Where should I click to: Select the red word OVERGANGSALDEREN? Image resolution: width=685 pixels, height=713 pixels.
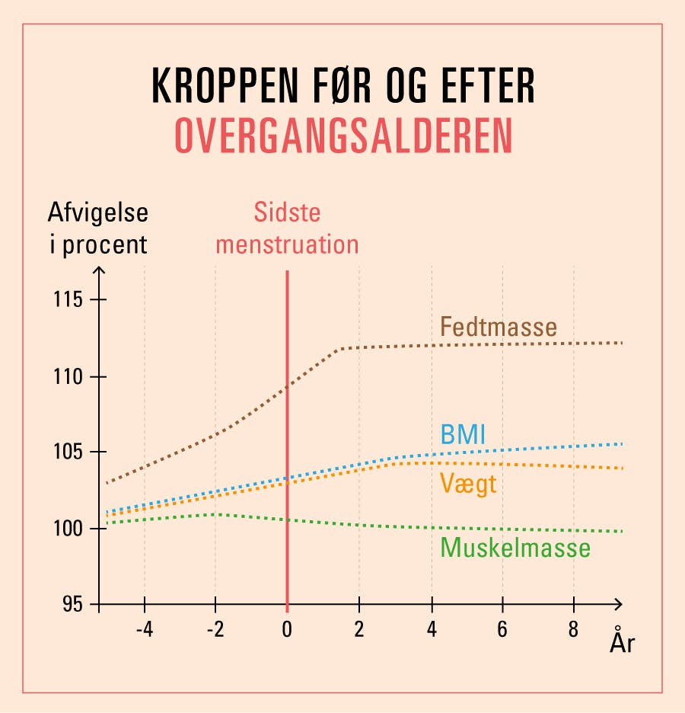coord(343,136)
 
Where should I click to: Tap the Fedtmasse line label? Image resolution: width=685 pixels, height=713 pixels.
coord(499,328)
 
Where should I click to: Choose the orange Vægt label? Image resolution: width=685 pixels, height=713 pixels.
coord(469,483)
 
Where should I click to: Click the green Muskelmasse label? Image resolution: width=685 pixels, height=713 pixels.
coord(515,547)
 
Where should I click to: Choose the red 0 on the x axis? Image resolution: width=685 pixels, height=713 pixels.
coord(287,631)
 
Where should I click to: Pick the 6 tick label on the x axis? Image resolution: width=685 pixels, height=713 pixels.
coord(502,631)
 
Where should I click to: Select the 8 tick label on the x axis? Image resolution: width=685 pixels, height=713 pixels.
coord(574,631)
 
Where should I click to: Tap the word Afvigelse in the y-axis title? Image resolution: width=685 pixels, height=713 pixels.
coord(98,213)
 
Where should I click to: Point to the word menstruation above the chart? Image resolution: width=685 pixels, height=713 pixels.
coord(287,245)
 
